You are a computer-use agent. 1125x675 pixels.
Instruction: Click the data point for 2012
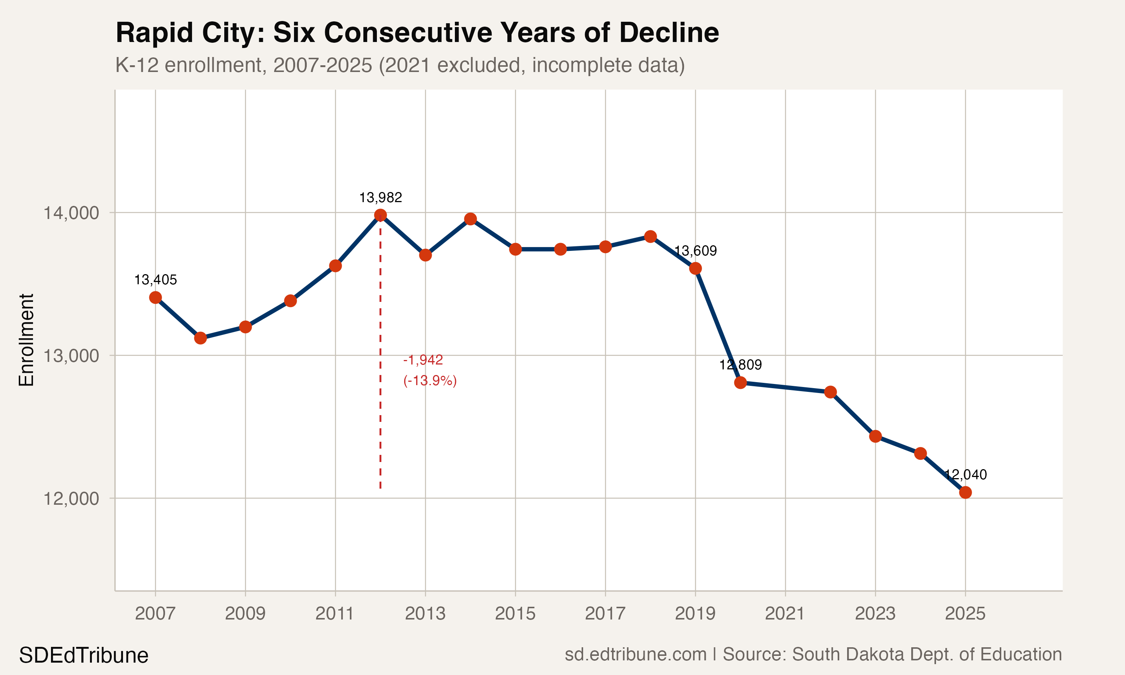click(381, 215)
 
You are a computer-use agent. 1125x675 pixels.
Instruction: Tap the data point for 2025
click(965, 492)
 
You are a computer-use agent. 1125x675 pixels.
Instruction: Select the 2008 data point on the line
click(201, 338)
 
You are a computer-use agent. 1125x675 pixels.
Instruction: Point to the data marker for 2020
click(740, 382)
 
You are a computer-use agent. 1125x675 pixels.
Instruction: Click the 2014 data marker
click(471, 219)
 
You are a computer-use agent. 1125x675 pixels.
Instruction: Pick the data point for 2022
click(830, 392)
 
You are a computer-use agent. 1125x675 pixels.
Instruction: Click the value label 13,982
click(381, 198)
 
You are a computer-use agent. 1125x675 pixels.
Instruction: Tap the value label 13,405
click(156, 280)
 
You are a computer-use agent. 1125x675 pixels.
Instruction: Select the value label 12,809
click(740, 365)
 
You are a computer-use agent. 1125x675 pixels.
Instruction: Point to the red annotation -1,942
click(423, 360)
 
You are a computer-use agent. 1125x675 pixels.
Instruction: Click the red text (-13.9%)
click(430, 380)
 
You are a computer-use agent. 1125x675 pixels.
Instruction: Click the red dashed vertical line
click(381, 364)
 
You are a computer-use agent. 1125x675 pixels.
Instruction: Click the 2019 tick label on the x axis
click(695, 613)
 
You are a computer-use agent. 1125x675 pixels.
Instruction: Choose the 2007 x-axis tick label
click(156, 613)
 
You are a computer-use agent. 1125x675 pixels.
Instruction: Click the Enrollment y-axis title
click(26, 340)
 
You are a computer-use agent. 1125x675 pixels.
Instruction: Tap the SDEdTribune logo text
click(84, 655)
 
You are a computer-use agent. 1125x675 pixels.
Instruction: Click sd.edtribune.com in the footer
click(635, 654)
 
